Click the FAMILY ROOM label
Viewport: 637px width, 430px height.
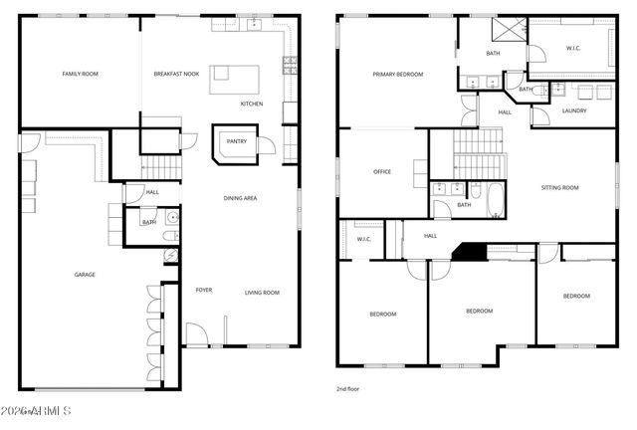pos(81,74)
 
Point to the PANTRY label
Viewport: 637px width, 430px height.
pos(237,141)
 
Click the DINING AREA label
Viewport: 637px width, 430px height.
pos(239,198)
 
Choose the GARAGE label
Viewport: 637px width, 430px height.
pos(85,274)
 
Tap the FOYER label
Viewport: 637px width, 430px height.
pos(203,291)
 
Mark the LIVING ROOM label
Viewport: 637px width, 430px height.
pos(263,293)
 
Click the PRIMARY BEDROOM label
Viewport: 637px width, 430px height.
pos(398,74)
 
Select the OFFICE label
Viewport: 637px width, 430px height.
pos(382,171)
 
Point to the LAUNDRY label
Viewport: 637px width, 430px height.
pos(574,110)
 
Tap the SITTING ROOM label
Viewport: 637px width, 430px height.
pos(559,187)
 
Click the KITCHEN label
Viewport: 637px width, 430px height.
pos(252,104)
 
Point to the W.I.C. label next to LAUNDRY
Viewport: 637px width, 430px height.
pos(573,47)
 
